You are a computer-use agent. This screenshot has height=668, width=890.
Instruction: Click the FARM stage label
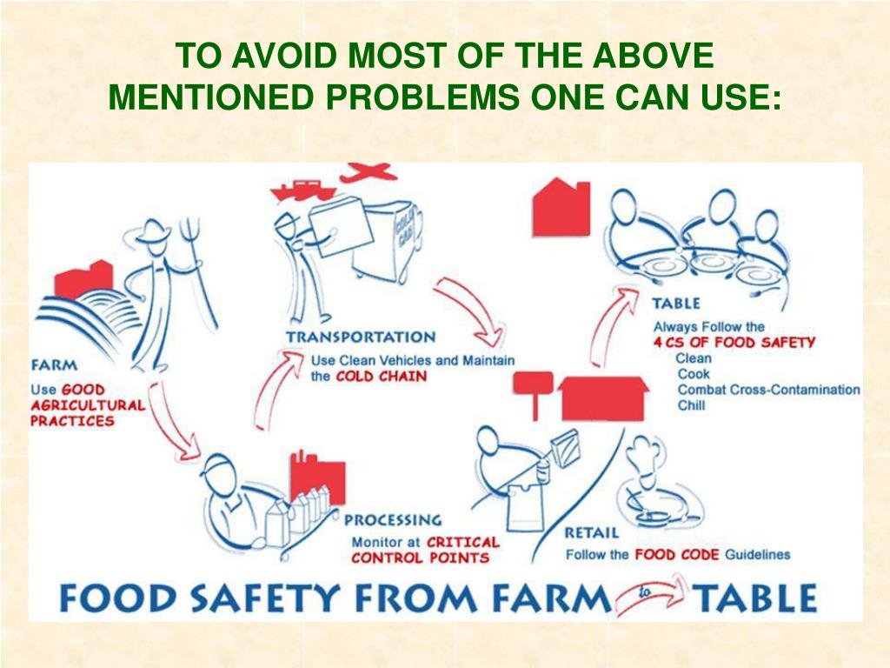(55, 364)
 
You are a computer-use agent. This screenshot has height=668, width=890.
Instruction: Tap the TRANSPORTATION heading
(361, 337)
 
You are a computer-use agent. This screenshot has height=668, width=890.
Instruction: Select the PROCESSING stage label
(393, 520)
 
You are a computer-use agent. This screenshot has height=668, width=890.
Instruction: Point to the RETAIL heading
(591, 533)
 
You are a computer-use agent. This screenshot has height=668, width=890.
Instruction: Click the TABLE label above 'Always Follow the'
(676, 304)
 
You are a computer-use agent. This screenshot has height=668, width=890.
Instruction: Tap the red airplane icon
(368, 172)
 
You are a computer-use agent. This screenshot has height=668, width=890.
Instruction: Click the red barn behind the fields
(84, 279)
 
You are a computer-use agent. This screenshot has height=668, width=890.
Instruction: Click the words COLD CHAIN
(381, 377)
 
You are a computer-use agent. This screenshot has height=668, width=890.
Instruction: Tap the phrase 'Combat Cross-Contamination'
(768, 390)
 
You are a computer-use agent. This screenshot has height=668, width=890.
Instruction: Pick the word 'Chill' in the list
(691, 405)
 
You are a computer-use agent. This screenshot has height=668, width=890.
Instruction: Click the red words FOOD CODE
(676, 554)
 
